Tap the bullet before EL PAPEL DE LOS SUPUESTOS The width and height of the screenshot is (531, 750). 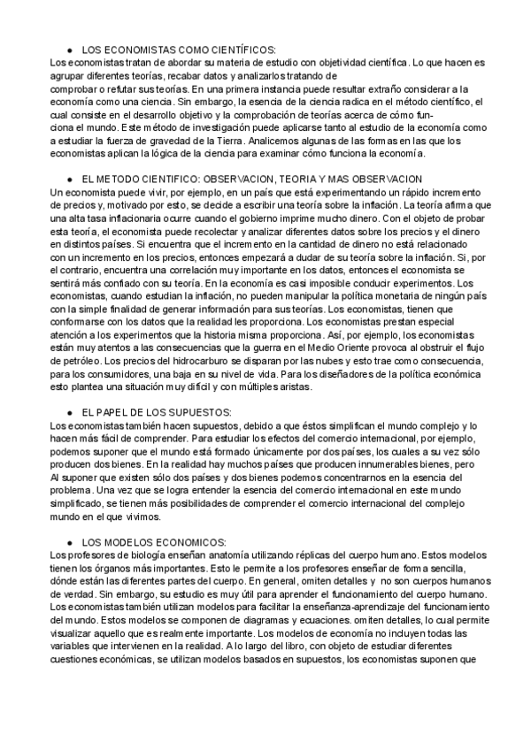click(70, 412)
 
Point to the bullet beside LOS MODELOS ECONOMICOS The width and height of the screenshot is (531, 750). click(70, 541)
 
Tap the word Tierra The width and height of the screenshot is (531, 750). click(225, 139)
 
